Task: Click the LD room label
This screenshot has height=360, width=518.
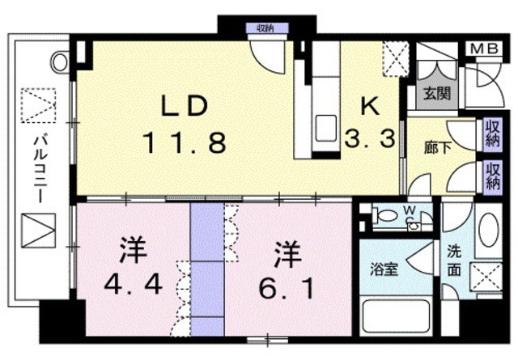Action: (185, 106)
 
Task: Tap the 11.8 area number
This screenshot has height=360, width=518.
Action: (185, 142)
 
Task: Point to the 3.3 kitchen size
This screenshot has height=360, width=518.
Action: (370, 138)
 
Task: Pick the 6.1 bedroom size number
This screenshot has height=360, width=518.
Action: (287, 288)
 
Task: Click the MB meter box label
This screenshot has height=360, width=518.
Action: (484, 49)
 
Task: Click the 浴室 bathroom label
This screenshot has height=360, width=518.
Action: (384, 269)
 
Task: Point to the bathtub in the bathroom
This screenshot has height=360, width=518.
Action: (396, 316)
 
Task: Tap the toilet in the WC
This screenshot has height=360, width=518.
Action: (385, 216)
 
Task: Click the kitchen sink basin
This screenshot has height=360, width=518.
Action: (325, 128)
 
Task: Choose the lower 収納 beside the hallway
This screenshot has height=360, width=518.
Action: (493, 177)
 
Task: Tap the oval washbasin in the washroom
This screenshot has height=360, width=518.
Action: (488, 230)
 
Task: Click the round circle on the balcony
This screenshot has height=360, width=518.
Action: (60, 61)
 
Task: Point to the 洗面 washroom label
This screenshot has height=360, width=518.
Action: (454, 261)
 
